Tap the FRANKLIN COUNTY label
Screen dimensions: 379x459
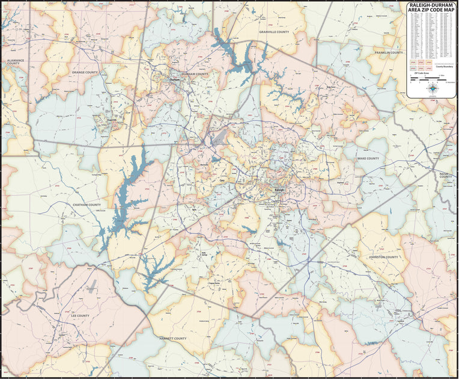[x=389, y=53]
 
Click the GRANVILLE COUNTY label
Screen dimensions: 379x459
[x=274, y=31]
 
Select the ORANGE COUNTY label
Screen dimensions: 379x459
[x=85, y=72]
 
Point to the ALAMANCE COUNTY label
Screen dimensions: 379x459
[x=13, y=62]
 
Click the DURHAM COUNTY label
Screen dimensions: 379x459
[x=195, y=74]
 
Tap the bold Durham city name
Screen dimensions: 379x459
[x=175, y=79]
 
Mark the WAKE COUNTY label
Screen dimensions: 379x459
[x=368, y=158]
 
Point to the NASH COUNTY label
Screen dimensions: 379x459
[x=445, y=175]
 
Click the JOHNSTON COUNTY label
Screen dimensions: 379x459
[x=383, y=257]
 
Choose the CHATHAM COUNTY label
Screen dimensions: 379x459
[x=87, y=205]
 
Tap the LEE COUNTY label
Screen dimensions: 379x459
[x=80, y=315]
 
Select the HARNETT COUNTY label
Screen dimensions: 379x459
[x=173, y=338]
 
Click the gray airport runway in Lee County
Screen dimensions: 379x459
[x=91, y=287]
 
